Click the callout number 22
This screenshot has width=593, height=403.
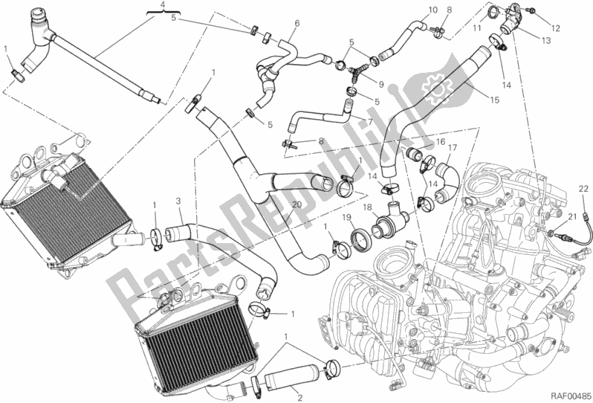pyautogui.click(x=583, y=192)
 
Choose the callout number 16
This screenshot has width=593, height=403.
pyautogui.click(x=440, y=141)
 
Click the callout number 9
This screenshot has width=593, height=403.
pyautogui.click(x=381, y=83)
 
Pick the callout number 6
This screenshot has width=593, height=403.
pyautogui.click(x=296, y=23)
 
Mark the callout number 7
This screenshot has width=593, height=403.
pyautogui.click(x=369, y=120)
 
